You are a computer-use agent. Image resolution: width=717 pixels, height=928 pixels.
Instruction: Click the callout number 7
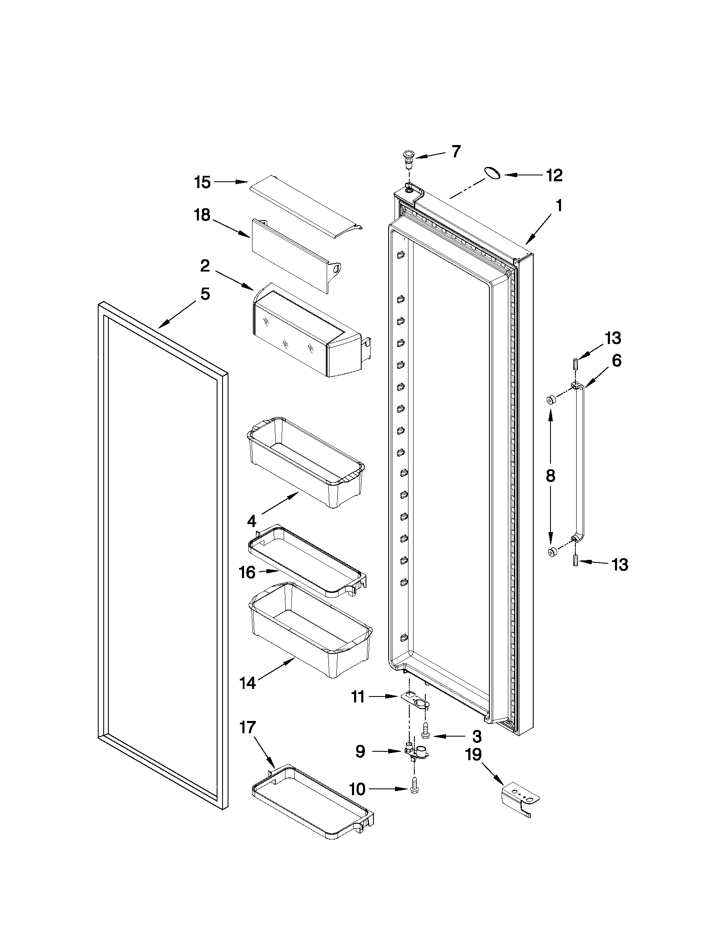[456, 152]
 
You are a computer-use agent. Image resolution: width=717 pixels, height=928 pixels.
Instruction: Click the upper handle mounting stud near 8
[551, 399]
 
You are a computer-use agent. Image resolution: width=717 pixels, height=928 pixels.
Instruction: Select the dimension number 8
[550, 476]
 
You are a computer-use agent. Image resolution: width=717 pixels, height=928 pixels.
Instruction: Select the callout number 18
[203, 215]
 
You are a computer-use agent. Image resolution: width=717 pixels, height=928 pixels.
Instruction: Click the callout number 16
[247, 573]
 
